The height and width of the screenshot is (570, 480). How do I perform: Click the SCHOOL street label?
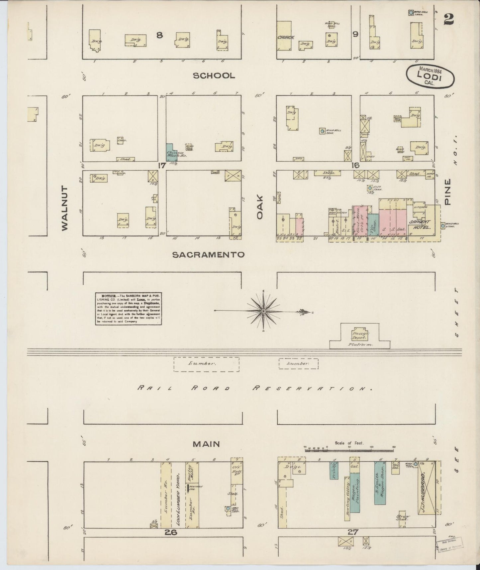214,76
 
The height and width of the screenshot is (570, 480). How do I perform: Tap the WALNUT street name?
64,208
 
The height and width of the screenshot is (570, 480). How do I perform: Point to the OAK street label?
259,207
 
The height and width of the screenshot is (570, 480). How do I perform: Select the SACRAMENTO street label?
208,255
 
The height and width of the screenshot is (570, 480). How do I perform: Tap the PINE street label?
448,192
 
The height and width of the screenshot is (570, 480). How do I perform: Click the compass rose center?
263,311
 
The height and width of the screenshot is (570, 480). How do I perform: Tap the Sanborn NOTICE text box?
129,309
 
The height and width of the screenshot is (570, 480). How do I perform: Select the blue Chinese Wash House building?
171,152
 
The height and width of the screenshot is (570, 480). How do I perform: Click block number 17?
162,165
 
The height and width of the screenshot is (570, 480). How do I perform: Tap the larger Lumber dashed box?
206,364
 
